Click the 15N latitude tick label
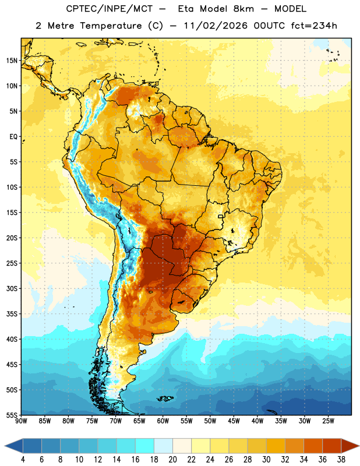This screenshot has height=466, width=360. tap(12, 61)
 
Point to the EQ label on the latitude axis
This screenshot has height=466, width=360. tap(13, 137)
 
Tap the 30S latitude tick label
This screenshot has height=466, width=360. tap(12, 288)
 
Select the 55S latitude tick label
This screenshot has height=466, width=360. tap(12, 415)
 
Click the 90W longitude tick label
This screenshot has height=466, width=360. tap(22, 421)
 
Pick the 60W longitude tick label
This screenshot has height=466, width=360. tap(163, 421)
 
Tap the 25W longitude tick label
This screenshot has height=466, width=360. tap(328, 421)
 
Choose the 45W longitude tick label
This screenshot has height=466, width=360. tap(234, 421)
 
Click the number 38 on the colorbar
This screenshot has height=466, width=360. tap(341, 460)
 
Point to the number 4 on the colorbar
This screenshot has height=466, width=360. tap(23, 460)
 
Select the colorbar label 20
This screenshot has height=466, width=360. tap(172, 460)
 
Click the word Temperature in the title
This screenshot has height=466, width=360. tap(111, 26)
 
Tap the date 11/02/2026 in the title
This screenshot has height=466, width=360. tap(216, 26)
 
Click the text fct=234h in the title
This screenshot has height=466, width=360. tap(314, 26)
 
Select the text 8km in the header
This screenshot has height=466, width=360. tap(243, 9)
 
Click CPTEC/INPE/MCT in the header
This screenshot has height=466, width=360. tap(110, 9)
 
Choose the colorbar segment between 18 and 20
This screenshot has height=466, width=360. tap(163, 446)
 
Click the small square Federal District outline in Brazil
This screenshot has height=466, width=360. tap(221, 216)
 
